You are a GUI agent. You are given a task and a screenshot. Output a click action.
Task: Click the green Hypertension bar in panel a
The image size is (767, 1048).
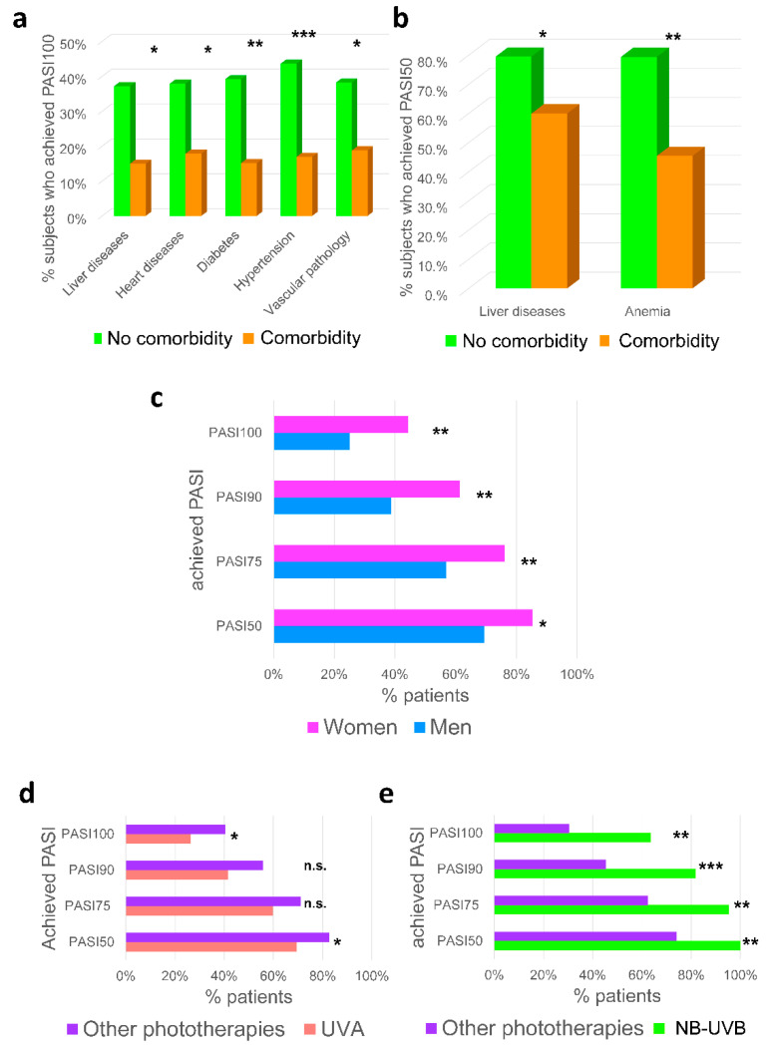[x=288, y=140]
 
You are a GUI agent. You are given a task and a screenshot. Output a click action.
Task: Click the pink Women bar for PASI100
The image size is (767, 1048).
[x=341, y=425]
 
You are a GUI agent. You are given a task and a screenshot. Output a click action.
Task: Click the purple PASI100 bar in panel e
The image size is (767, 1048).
[x=532, y=829]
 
